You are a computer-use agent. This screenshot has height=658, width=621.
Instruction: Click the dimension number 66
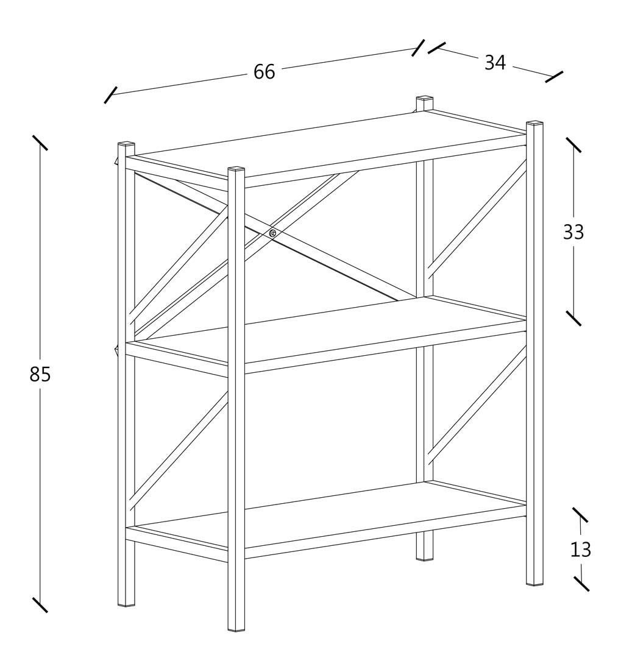click(x=264, y=72)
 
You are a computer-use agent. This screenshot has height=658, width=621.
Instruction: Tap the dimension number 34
click(x=495, y=63)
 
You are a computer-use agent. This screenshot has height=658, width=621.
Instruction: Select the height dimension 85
click(x=40, y=374)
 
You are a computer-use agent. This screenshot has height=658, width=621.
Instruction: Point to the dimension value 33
click(x=573, y=232)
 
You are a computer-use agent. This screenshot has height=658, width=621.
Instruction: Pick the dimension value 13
click(x=580, y=550)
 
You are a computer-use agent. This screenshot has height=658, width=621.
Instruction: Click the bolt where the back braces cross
click(x=272, y=233)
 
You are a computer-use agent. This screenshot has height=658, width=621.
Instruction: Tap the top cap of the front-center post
click(x=236, y=169)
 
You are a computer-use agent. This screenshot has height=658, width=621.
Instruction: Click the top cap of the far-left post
click(x=126, y=144)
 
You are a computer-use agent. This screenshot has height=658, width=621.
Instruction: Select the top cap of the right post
click(x=534, y=123)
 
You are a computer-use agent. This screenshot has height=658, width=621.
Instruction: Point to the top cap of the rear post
click(x=425, y=99)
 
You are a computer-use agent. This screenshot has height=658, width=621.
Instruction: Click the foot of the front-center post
click(x=236, y=628)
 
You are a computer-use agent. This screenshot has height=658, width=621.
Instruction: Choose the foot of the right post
click(x=534, y=582)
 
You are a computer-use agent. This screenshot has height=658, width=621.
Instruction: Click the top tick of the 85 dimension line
click(x=40, y=143)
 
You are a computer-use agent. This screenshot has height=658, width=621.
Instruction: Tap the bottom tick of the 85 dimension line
click(x=40, y=605)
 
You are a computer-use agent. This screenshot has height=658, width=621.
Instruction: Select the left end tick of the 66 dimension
click(x=110, y=95)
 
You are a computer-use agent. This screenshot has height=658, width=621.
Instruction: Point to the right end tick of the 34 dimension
click(x=554, y=77)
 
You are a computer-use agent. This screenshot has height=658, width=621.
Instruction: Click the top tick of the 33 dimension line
click(x=573, y=145)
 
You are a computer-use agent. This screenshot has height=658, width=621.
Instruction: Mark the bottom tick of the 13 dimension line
click(x=581, y=583)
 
